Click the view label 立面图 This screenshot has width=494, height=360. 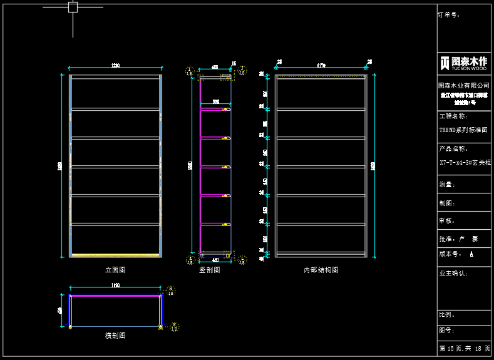tap(115, 270)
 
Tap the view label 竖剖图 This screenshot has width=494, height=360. tap(210, 270)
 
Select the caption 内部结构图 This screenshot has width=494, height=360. tap(321, 270)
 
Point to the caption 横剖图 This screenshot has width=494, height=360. tap(115, 336)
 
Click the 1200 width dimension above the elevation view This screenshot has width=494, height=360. tap(115, 65)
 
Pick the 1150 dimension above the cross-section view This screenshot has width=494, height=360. tap(115, 285)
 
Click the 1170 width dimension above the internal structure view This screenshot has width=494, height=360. tap(321, 64)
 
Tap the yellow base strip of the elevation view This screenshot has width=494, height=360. tap(115, 255)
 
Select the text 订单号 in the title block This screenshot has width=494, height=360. tap(449, 14)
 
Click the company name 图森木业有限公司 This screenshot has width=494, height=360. tap(463, 85)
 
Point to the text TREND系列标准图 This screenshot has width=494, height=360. tap(463, 130)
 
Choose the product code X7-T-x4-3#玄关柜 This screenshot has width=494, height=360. tap(463, 162)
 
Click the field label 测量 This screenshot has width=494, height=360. tap(447, 185)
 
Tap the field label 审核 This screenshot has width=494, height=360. tap(447, 221)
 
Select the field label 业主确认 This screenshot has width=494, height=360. tap(453, 273)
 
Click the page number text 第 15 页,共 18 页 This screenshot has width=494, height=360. tap(463, 348)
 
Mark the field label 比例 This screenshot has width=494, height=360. tap(447, 315)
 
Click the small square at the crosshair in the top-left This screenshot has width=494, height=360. tap(73, 8)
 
